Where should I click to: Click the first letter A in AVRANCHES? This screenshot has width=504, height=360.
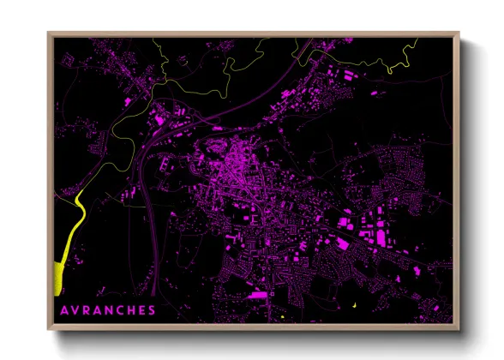coord(63,309)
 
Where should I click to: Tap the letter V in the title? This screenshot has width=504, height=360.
coord(76,309)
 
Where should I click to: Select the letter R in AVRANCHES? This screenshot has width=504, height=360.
coord(88,309)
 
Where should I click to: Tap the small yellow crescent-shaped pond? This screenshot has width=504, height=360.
coord(353,305)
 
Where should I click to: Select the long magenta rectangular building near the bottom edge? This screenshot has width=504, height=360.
coord(255,296)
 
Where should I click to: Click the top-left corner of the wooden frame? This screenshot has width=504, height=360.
coord(48,33)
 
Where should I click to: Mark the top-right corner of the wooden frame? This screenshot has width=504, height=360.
coord(459,33)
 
